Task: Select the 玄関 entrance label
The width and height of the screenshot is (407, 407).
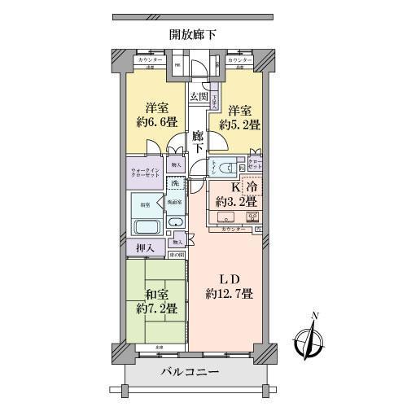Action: [x=199, y=97]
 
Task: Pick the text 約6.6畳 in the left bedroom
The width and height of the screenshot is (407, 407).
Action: [x=157, y=125]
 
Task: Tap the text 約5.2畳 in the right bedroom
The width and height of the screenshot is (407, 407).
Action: [x=237, y=125]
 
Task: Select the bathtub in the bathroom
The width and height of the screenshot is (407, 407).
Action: [x=149, y=226]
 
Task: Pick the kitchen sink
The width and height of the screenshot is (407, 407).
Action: [x=225, y=217]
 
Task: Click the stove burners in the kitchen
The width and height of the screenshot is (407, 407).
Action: [x=252, y=217]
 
